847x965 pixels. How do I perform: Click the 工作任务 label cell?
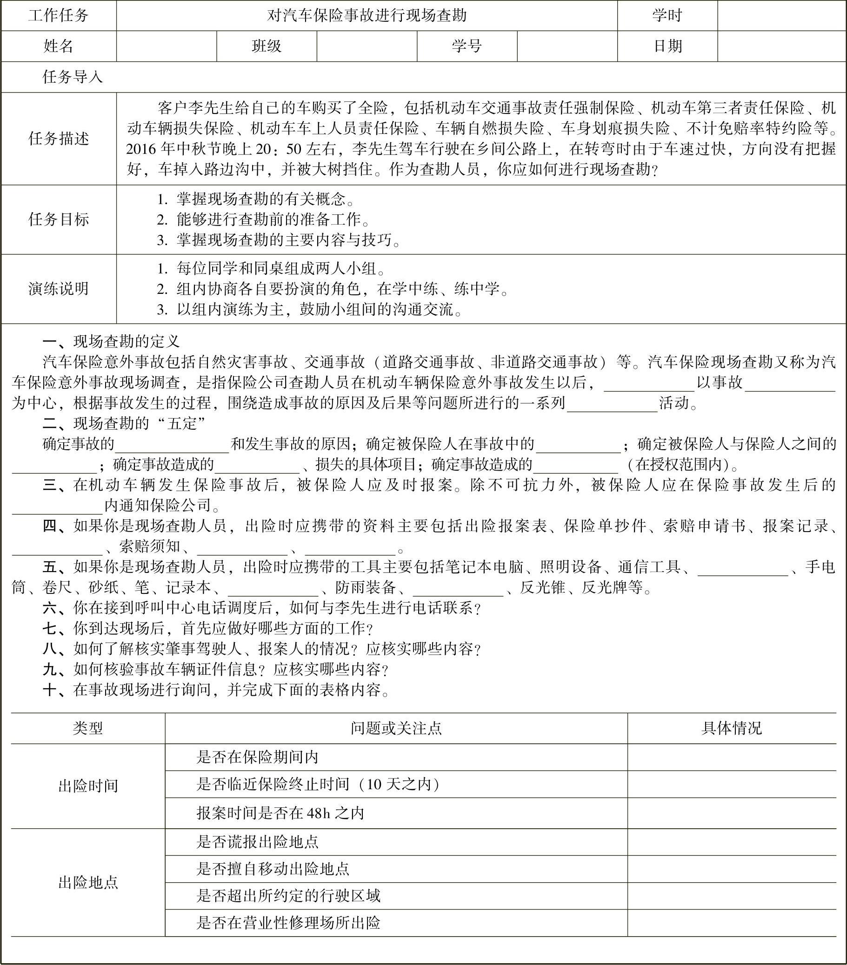point(58,16)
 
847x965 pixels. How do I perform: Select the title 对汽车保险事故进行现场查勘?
point(367,16)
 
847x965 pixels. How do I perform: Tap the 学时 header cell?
point(667,16)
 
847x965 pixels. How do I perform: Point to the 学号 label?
point(467,46)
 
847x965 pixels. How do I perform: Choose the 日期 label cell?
point(667,46)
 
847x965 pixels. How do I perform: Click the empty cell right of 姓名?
point(166,46)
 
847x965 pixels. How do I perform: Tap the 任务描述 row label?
point(59,139)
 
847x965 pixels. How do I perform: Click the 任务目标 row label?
point(59,220)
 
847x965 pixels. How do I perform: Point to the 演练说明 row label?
point(59,289)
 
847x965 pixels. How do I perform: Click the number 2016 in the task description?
point(140,149)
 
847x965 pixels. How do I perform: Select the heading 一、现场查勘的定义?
point(111,341)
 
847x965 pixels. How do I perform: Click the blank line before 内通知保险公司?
point(57,506)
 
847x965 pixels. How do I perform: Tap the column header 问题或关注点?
point(396,728)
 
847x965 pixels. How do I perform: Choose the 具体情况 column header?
point(731,728)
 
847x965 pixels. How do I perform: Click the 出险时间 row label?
point(88,785)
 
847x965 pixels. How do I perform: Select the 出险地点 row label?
point(88,882)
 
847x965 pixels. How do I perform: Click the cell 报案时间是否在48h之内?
point(280,813)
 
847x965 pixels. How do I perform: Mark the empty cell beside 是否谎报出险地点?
point(731,842)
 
